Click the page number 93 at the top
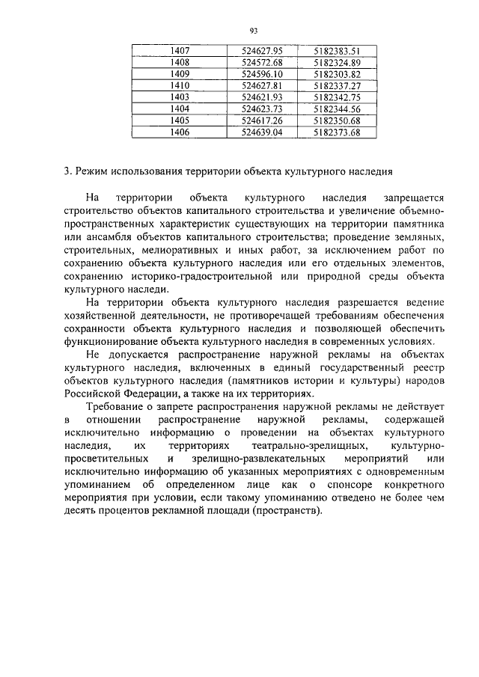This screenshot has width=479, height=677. [253, 31]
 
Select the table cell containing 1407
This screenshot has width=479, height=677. [179, 51]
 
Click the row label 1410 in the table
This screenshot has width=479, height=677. [179, 86]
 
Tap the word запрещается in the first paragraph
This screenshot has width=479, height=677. [414, 199]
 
